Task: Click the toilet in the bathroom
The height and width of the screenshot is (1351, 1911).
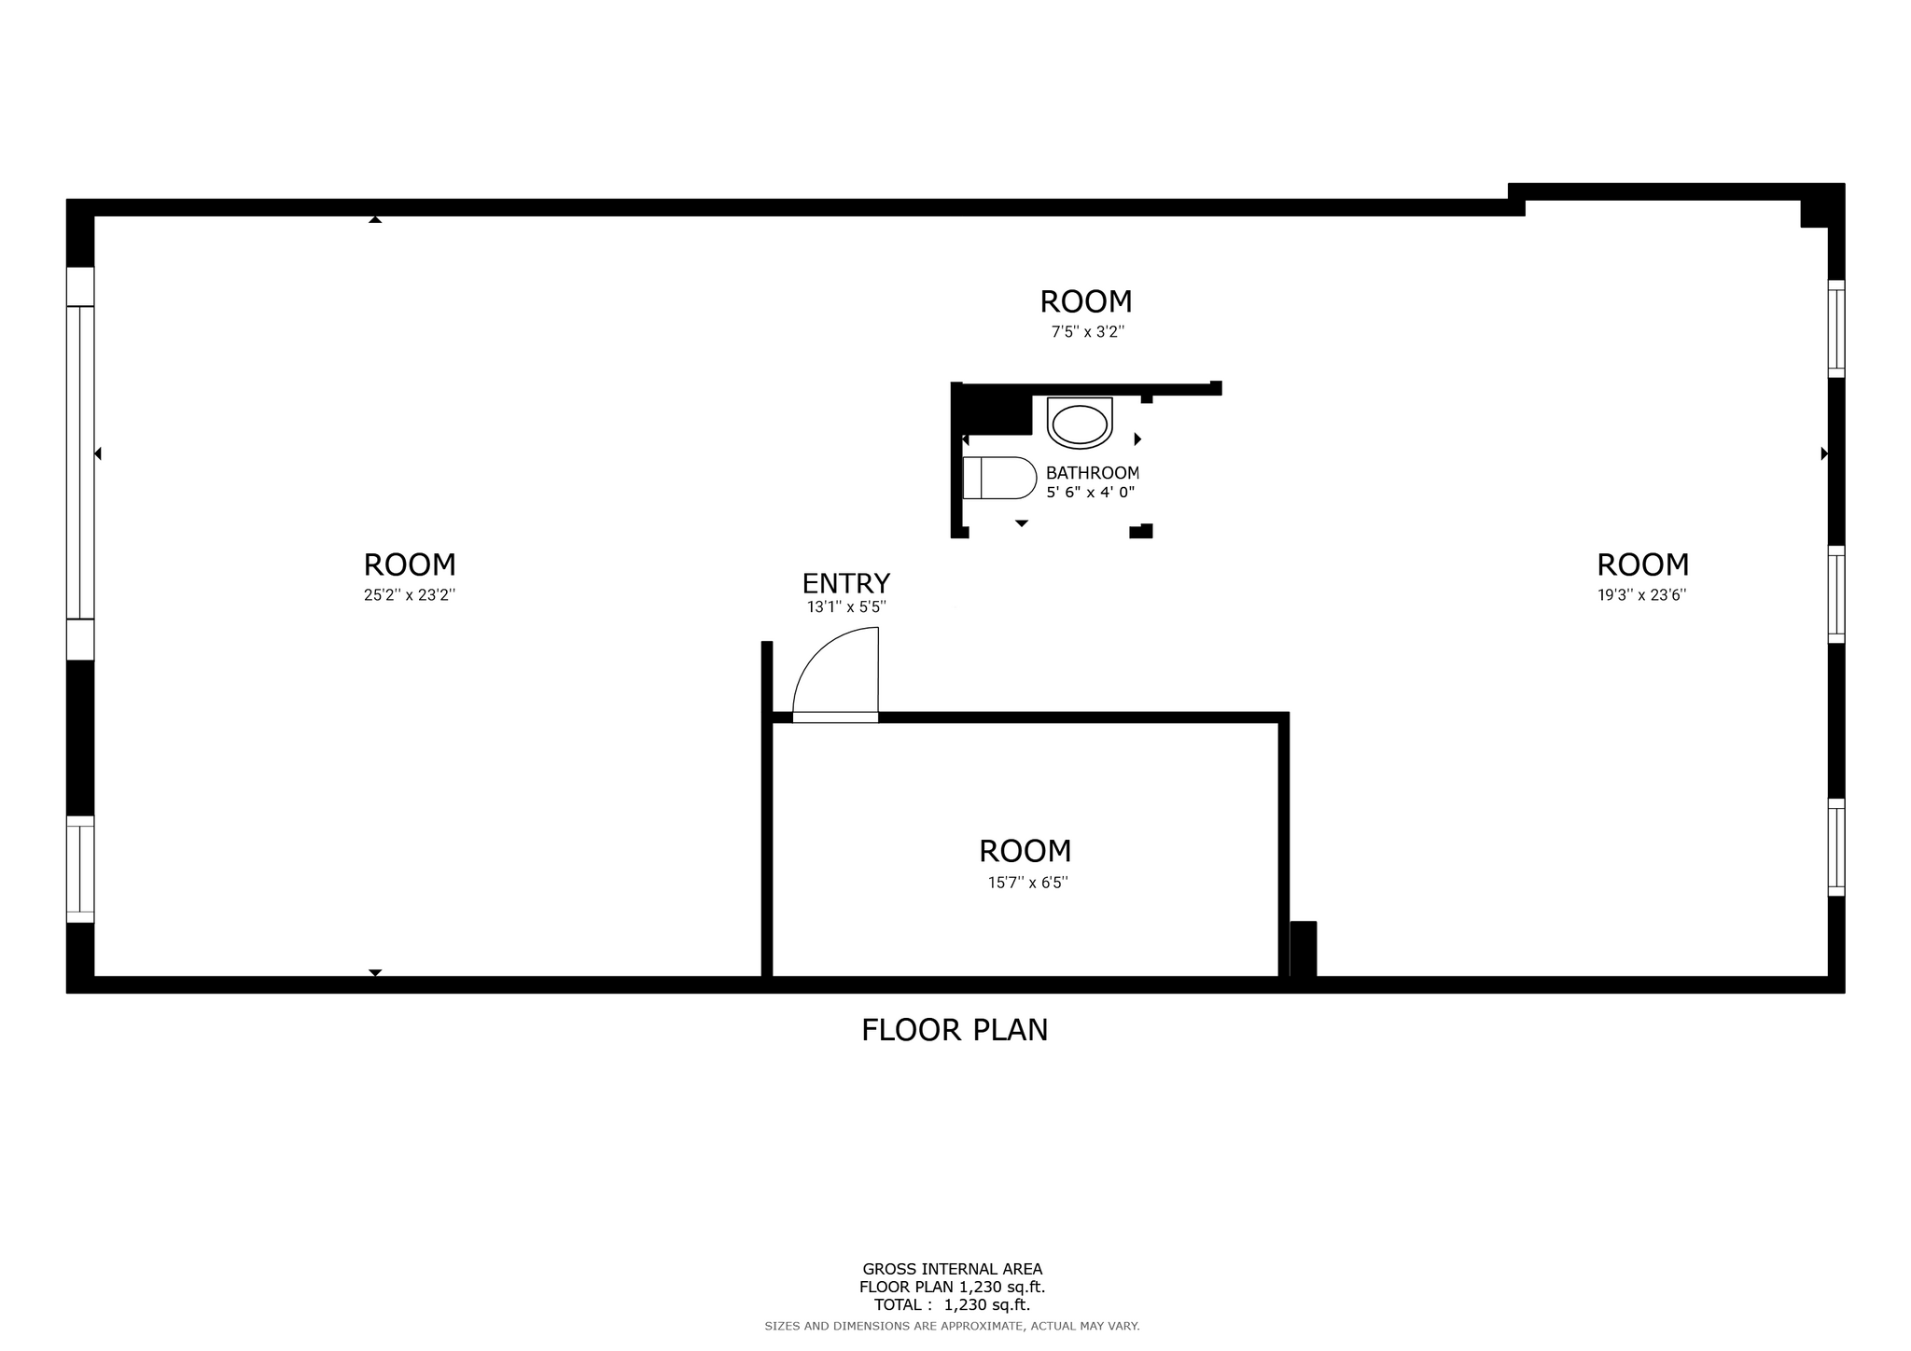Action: pyautogui.click(x=999, y=478)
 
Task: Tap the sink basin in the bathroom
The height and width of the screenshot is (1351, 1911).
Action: pyautogui.click(x=1080, y=424)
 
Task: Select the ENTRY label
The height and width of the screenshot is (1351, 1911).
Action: pyautogui.click(x=846, y=583)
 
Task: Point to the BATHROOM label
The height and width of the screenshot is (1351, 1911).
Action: pyautogui.click(x=1093, y=473)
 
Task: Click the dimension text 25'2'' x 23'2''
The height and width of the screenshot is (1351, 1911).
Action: pyautogui.click(x=410, y=595)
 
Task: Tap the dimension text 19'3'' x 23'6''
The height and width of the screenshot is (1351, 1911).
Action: pyautogui.click(x=1642, y=595)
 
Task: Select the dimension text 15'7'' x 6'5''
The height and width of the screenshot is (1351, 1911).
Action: pyautogui.click(x=1028, y=883)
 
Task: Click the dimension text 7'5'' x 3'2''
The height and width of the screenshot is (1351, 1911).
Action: pyautogui.click(x=1088, y=332)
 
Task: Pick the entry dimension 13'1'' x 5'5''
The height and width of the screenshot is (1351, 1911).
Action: pyautogui.click(x=846, y=607)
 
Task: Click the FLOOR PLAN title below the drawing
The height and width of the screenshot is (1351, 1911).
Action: pyautogui.click(x=955, y=1030)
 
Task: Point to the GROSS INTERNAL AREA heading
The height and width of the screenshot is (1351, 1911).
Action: pyautogui.click(x=953, y=1269)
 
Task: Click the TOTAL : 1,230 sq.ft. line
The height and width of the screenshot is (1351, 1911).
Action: pyautogui.click(x=952, y=1305)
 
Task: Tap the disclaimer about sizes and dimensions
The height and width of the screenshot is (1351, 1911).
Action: pyautogui.click(x=952, y=1326)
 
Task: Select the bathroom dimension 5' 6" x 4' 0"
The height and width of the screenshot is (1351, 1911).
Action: pyautogui.click(x=1091, y=493)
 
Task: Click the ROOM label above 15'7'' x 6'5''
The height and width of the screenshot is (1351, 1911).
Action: pyautogui.click(x=1025, y=851)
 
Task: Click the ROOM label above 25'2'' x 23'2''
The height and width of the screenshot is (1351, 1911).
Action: pyautogui.click(x=410, y=564)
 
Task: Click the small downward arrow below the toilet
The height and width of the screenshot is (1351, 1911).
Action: pyautogui.click(x=1022, y=523)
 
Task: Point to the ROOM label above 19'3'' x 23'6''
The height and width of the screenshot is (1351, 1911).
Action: pyautogui.click(x=1643, y=564)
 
